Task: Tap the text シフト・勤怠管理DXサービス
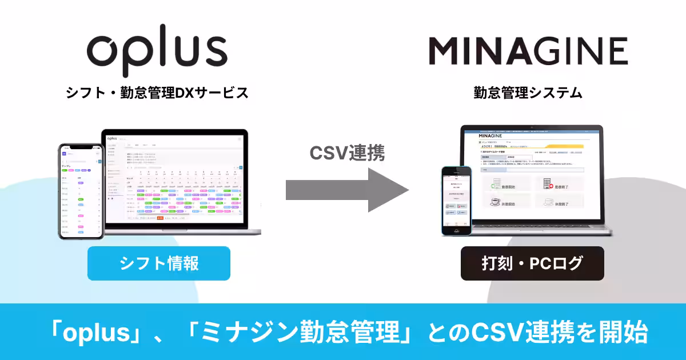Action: point(157,93)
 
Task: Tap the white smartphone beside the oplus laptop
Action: point(81,191)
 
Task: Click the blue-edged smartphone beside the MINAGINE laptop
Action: point(456,200)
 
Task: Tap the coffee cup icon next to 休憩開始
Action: point(493,201)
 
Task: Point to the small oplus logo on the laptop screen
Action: point(112,138)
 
